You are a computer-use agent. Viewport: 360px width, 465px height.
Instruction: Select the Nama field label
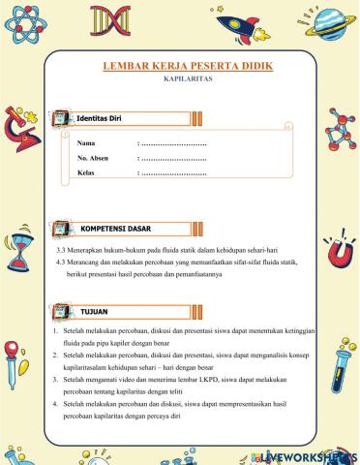88,142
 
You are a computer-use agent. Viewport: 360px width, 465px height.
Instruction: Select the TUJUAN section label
94,311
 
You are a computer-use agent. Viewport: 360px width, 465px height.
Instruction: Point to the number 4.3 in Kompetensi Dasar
63,262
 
